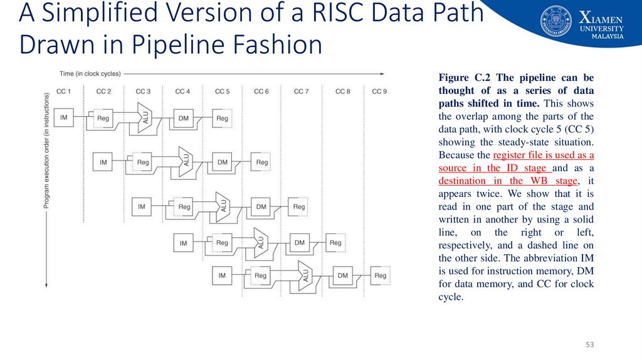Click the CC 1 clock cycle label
tap(64, 92)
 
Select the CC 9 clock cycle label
tap(379, 92)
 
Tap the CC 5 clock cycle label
tap(222, 92)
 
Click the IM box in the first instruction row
tap(64, 117)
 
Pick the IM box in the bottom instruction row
tap(222, 275)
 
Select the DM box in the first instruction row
tap(183, 117)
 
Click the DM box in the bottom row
tap(342, 275)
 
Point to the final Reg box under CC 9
tap(380, 275)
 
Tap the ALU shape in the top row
tap(144, 118)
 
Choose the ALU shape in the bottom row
tap(305, 276)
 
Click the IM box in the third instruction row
tap(142, 206)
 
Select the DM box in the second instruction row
tap(223, 162)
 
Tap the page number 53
tap(589, 346)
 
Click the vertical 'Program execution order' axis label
tap(46, 151)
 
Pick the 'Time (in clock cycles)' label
tap(90, 73)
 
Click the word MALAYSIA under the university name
tap(608, 36)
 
